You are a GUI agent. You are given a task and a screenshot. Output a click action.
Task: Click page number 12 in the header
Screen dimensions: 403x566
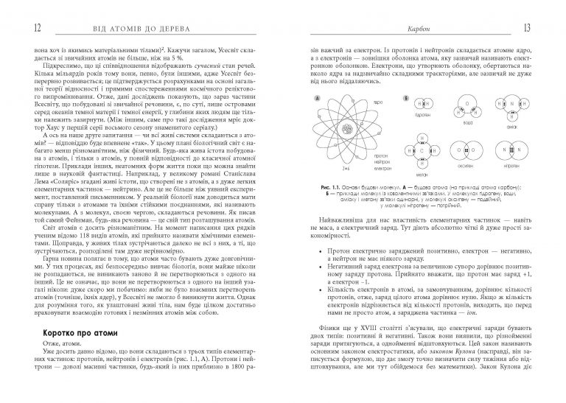(x=17, y=28)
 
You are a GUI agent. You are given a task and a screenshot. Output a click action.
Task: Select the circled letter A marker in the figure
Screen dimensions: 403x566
(x=317, y=97)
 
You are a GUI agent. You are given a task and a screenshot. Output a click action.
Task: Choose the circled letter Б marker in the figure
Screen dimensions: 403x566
(x=405, y=97)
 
